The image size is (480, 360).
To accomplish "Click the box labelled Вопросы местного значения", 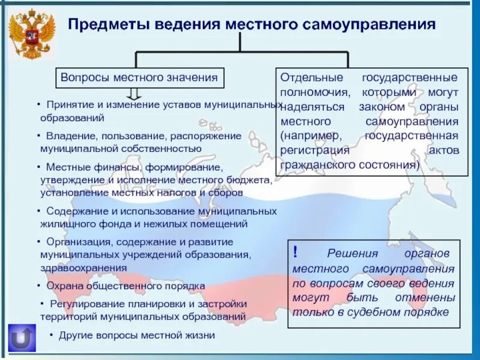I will click(140, 78).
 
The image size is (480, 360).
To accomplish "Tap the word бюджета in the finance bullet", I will click(257, 179).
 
